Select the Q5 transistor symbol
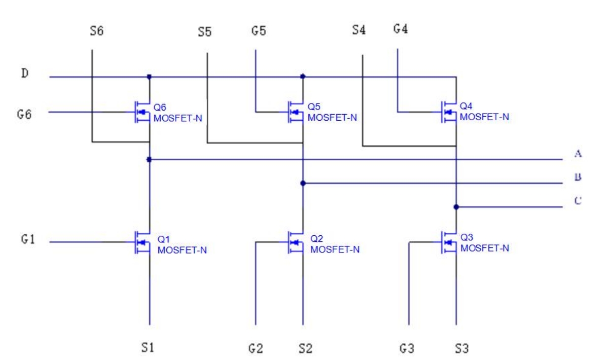coord(296,112)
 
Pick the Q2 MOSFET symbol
coord(296,242)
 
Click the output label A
coord(577,155)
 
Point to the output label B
coord(577,178)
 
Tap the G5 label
coord(258,30)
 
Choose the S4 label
coord(359,31)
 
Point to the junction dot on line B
coord(303,183)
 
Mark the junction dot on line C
coord(456,207)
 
